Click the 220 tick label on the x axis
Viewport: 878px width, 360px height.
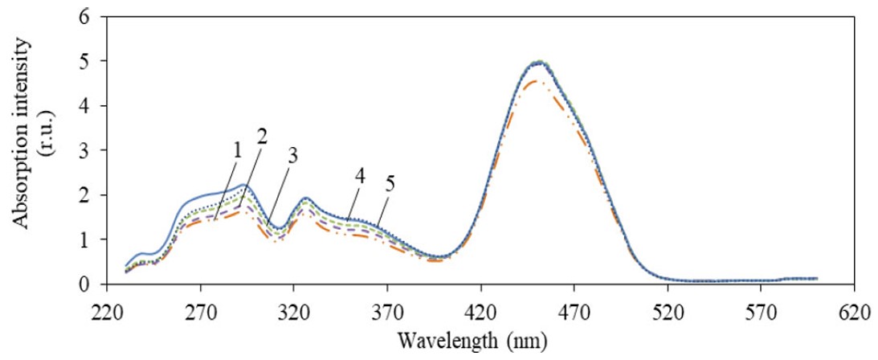(x=106, y=309)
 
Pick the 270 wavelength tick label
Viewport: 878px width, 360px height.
(x=199, y=309)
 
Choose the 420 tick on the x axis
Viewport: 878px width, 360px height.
(x=480, y=309)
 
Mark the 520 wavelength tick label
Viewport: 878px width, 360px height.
(x=668, y=309)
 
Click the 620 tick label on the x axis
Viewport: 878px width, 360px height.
(x=854, y=309)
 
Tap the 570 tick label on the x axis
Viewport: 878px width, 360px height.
(x=761, y=309)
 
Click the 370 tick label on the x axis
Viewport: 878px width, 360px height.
(x=386, y=309)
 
